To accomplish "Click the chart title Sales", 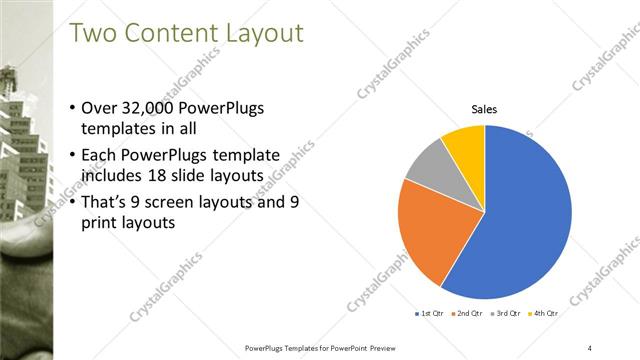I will tap(485, 110).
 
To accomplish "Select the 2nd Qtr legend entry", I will tap(468, 313).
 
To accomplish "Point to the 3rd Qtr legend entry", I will tap(505, 313).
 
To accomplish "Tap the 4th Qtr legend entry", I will tap(541, 313).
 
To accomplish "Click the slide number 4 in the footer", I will tap(590, 347).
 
